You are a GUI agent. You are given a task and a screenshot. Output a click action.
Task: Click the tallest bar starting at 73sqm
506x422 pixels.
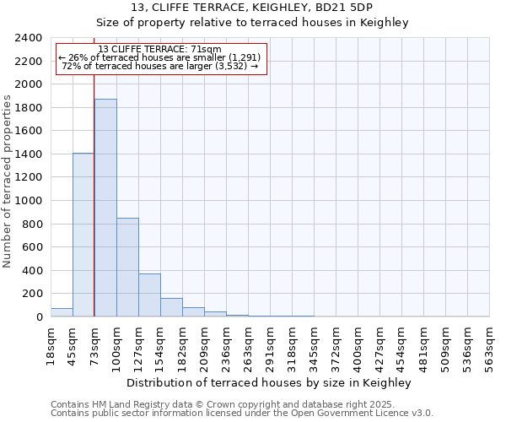click(105, 208)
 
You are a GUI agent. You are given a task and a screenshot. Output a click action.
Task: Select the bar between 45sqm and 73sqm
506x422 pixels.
click(83, 235)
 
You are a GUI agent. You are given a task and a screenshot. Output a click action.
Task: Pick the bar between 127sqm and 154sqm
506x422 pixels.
click(149, 295)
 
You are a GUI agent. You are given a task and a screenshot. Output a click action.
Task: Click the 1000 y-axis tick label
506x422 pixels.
click(28, 201)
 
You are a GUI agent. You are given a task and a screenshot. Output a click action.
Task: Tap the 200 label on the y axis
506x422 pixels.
click(31, 294)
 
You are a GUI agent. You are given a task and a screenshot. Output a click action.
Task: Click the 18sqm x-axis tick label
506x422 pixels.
click(51, 345)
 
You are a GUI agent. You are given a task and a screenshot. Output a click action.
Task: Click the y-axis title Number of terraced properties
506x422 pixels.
click(8, 181)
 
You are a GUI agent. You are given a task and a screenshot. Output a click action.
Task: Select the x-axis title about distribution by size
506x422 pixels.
click(270, 383)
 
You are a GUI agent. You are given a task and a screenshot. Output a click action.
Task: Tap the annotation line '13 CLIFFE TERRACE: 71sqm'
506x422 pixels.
click(160, 49)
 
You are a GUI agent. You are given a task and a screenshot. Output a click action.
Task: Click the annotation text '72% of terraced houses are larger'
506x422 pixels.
click(160, 66)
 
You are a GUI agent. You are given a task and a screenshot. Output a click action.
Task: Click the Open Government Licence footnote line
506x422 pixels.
click(241, 414)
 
